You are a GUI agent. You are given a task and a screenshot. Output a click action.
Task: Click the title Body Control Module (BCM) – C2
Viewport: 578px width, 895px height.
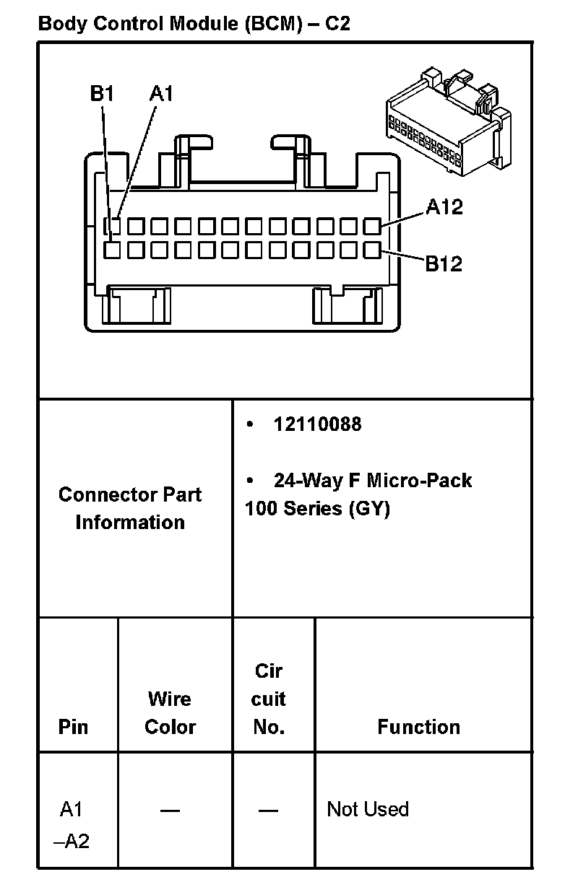194,23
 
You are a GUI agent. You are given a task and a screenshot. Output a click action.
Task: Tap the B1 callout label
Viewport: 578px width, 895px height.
102,94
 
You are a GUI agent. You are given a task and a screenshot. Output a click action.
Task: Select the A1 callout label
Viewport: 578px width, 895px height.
161,94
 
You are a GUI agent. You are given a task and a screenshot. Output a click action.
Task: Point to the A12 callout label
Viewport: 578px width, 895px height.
444,208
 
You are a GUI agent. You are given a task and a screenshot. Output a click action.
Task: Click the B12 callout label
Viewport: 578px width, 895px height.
443,264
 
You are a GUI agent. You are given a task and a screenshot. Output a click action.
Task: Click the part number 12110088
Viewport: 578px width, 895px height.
316,424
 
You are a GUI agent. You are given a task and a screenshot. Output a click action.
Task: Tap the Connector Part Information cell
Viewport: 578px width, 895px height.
130,508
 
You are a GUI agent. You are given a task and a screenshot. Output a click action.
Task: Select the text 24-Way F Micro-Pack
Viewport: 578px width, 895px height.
372,481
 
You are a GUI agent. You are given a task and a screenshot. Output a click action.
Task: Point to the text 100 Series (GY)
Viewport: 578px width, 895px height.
317,509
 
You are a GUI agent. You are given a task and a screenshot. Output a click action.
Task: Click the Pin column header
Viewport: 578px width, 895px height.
73,726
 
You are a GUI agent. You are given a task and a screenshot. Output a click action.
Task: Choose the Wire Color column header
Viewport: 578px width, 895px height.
170,712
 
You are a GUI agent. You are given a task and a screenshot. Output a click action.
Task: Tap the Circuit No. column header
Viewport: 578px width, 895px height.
269,699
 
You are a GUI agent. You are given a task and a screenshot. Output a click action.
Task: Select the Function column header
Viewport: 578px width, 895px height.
418,726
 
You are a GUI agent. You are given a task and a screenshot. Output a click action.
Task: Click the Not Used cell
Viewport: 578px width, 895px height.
368,809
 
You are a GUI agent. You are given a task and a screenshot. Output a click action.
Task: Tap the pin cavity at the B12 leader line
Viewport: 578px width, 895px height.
372,250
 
